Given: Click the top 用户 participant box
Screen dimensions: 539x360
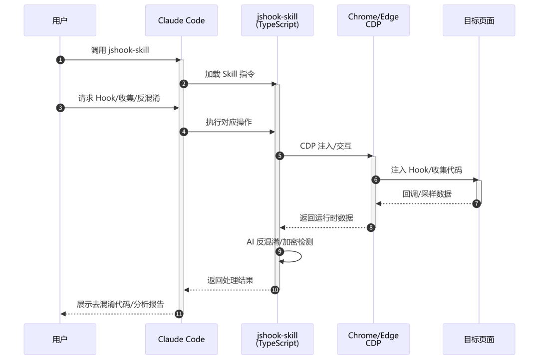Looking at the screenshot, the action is coord(60,20).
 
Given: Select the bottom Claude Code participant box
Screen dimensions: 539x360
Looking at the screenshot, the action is coord(181,339).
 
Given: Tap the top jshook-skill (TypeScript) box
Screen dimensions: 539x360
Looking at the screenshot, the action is coord(277,20).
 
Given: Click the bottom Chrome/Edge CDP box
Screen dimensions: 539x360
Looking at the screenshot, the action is coord(373,339).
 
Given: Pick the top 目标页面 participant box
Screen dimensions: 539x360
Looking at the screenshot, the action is coord(479,20).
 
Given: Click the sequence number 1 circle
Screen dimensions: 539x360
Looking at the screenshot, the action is coord(60,60).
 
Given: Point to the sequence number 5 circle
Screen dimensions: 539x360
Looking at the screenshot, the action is coord(280,156).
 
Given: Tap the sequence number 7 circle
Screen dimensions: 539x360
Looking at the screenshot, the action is coord(477,204).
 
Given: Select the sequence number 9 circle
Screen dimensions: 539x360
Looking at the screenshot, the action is coord(280,251).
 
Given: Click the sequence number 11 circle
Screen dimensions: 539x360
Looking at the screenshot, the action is coord(179,314).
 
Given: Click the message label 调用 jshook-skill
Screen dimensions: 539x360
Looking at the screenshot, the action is coord(120,50).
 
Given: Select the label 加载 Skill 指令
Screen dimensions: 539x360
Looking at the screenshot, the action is coord(230,74).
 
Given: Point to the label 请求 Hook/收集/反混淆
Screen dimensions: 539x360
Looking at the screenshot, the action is coord(119,98).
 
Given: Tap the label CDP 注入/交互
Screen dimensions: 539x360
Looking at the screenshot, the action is coord(326,146).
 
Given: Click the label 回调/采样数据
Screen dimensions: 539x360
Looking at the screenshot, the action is coord(427,194).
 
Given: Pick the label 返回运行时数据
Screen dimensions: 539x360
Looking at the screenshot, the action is coord(326,218).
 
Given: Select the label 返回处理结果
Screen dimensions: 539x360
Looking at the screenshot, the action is coord(230,280).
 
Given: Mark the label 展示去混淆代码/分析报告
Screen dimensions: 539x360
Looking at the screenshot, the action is coord(120,304).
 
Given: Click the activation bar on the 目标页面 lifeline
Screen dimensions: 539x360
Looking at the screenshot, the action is coord(479,192).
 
